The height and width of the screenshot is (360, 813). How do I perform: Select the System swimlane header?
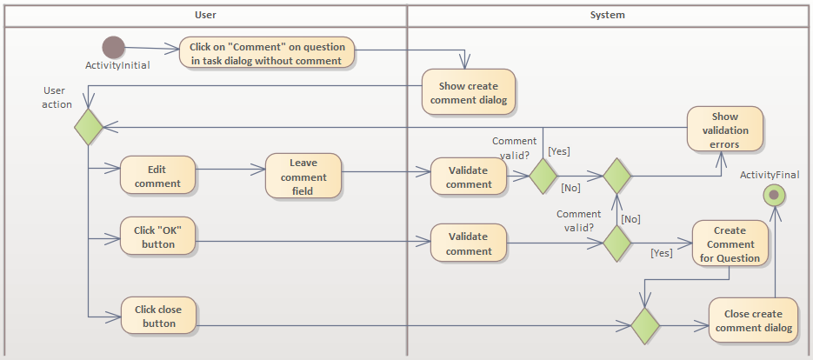pos(607,15)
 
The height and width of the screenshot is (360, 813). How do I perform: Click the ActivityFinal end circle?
pos(773,195)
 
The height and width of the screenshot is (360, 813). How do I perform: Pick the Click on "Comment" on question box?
pos(267,53)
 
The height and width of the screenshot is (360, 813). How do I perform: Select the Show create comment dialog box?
pos(470,92)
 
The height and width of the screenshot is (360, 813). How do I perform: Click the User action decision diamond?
pos(88,127)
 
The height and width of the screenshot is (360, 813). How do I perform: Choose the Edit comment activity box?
pos(157,177)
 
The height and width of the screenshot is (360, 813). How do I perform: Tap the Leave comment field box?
pos(303,177)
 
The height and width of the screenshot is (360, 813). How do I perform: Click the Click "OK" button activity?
pos(157,237)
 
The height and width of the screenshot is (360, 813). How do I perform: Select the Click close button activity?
pos(157,316)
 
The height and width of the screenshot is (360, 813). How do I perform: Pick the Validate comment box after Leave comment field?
pos(469,177)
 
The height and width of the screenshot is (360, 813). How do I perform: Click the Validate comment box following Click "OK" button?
pos(469,243)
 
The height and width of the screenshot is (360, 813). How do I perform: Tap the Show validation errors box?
pos(724,130)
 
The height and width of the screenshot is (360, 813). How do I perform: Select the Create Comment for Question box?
pos(730,243)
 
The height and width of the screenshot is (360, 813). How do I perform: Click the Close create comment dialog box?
pos(753,320)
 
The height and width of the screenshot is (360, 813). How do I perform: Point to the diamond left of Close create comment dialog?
pos(644,326)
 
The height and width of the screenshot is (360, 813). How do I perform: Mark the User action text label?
pos(57,97)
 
